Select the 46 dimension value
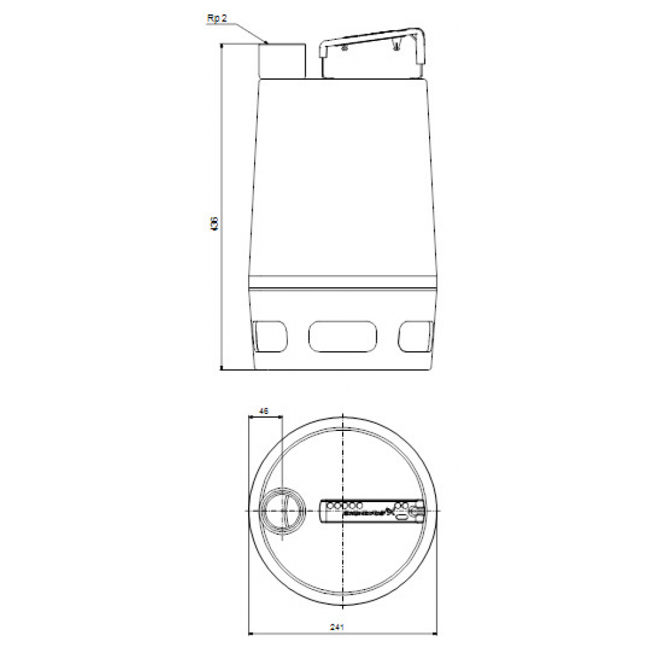[x=264, y=411]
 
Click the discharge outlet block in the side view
[x=283, y=61]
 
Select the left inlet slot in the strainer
[x=270, y=335]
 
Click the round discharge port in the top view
[x=282, y=509]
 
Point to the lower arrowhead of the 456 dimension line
[x=223, y=367]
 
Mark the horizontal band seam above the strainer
[x=343, y=288]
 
